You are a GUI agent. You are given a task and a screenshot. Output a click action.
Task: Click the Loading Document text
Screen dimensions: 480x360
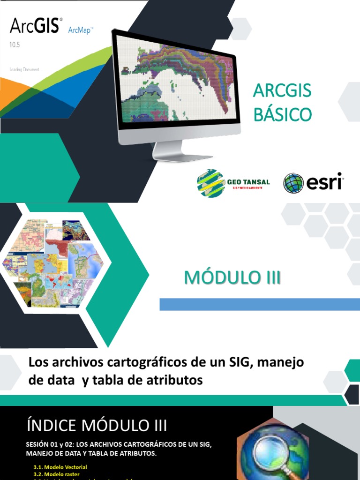click(x=26, y=69)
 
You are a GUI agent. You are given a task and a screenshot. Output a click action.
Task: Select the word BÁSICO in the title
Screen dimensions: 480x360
click(x=282, y=114)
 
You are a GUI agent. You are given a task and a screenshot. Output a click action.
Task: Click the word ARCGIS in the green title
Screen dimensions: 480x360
click(x=282, y=90)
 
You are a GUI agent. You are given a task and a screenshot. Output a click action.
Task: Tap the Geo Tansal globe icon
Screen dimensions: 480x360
click(x=210, y=183)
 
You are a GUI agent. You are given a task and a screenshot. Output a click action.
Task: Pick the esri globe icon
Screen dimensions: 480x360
click(x=293, y=183)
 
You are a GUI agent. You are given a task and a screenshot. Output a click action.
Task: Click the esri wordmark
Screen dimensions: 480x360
click(x=324, y=182)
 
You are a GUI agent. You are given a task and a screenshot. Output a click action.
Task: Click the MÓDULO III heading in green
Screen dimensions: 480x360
click(x=232, y=277)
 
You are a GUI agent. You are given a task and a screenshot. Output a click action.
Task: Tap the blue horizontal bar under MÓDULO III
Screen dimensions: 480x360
click(x=260, y=304)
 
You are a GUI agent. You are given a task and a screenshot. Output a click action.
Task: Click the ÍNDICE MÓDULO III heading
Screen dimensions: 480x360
click(x=97, y=426)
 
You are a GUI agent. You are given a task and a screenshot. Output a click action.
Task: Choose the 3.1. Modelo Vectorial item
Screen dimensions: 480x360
click(x=60, y=467)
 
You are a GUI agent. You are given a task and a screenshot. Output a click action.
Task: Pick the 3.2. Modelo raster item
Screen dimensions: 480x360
click(x=56, y=474)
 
